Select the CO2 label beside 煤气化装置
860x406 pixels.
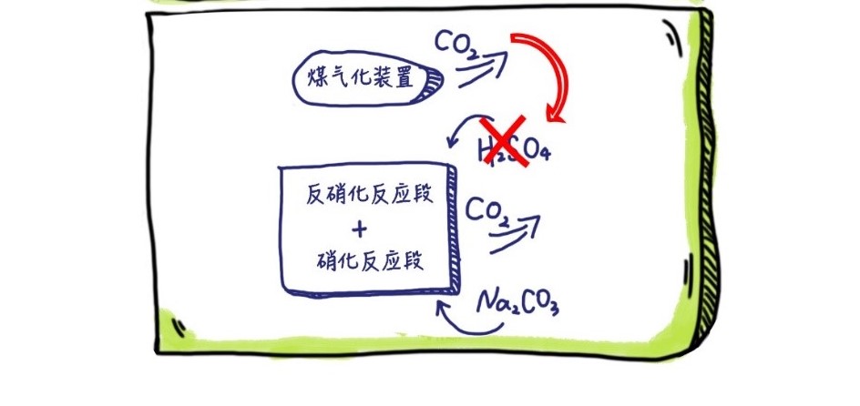tap(456, 45)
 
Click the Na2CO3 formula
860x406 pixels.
tap(517, 299)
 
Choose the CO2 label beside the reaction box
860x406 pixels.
tap(487, 212)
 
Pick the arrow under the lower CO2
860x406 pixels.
tap(515, 232)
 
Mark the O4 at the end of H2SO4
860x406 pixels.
tap(541, 153)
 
